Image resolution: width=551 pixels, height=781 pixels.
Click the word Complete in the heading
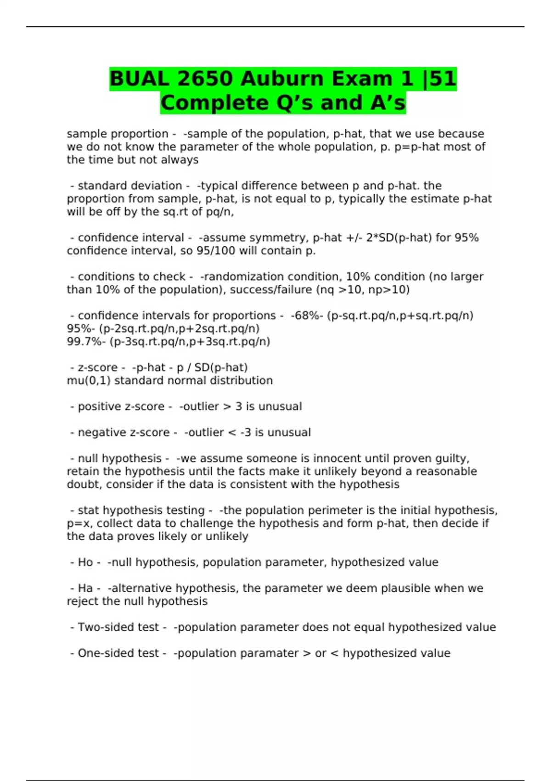(215, 103)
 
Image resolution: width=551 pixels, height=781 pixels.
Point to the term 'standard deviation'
(129, 186)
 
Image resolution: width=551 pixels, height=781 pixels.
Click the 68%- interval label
(309, 316)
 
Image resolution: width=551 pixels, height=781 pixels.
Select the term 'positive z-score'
(121, 407)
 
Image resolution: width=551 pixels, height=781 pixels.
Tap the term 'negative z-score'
(124, 433)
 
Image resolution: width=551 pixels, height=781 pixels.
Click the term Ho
(85, 562)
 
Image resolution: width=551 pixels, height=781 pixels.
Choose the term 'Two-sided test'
(118, 628)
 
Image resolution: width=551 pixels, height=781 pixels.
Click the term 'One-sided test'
(118, 653)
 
